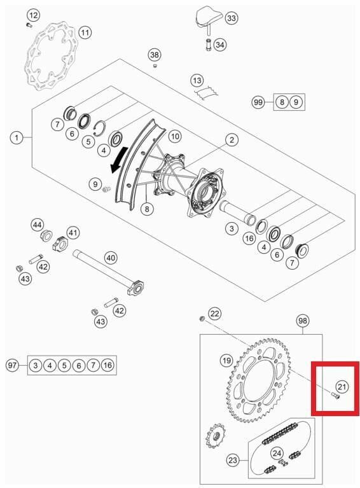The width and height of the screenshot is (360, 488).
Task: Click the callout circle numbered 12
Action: [x=33, y=15]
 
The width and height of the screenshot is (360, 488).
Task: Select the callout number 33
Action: [x=231, y=19]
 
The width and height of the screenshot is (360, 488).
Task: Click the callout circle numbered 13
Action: [x=197, y=81]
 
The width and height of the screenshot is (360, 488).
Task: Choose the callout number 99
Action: [x=258, y=102]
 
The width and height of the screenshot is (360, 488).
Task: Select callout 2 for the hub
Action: [x=232, y=139]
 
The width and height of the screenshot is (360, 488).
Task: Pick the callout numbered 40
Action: [x=111, y=258]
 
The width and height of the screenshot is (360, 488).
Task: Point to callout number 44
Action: [x=38, y=225]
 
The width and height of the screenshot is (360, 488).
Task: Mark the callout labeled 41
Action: [x=73, y=233]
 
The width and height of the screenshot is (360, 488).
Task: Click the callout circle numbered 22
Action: [x=215, y=313]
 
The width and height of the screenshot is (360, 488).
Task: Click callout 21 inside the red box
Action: [x=342, y=386]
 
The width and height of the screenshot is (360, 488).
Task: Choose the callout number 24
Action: [x=277, y=454]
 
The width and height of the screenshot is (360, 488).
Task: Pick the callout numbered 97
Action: [x=12, y=365]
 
